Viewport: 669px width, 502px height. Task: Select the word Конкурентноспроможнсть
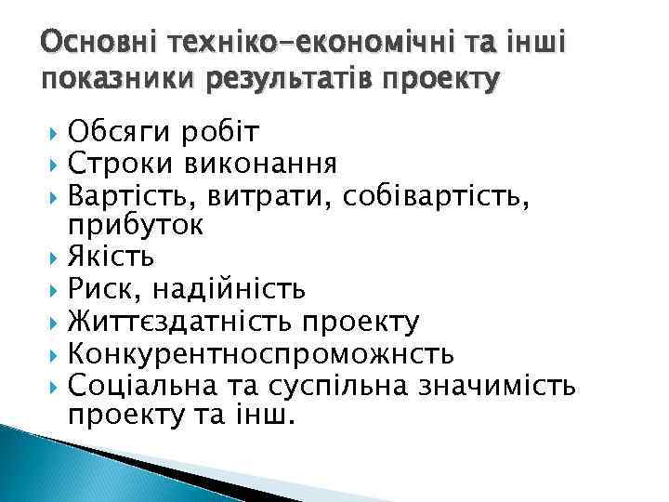[261, 352]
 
